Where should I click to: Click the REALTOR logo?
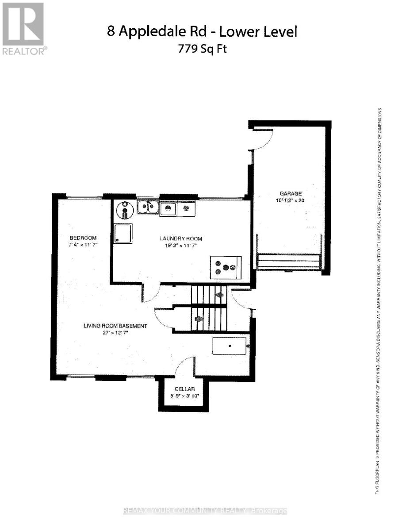tap(23, 29)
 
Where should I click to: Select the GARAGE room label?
tap(290, 193)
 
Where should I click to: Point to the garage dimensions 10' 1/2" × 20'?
tap(290, 200)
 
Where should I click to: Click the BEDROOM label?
tap(83, 238)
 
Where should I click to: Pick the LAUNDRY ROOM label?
tap(181, 239)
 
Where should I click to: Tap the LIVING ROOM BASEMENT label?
tap(115, 326)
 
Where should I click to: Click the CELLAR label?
tap(181, 389)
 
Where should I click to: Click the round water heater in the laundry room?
tap(126, 210)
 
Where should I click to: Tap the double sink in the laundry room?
tap(148, 207)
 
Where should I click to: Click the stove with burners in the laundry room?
tap(225, 267)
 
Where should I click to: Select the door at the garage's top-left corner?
tap(262, 140)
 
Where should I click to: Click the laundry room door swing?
tap(151, 292)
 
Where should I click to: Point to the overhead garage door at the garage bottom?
tap(289, 262)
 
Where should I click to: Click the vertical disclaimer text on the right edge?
tap(379, 301)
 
